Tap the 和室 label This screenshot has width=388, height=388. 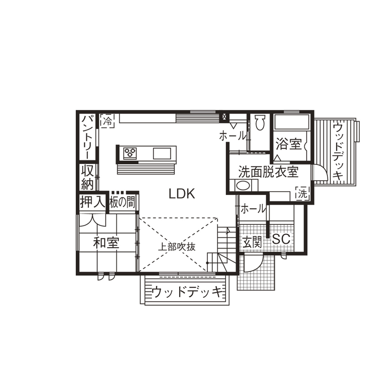[x=106, y=242]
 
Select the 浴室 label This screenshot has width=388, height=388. [x=288, y=144]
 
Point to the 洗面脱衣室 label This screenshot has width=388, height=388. [x=268, y=172]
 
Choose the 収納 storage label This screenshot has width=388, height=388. [x=88, y=177]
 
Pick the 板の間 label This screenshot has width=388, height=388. [x=123, y=202]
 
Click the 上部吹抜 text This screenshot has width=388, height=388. [x=177, y=246]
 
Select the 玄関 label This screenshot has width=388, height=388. [x=252, y=241]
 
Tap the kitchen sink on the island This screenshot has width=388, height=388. [x=162, y=152]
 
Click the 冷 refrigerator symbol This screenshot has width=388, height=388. [x=107, y=121]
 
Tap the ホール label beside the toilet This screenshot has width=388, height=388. [x=232, y=136]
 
